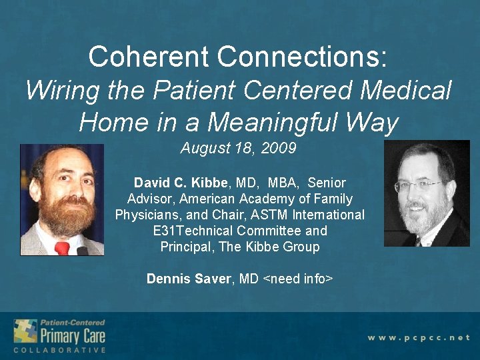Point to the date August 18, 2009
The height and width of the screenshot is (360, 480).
coord(238,149)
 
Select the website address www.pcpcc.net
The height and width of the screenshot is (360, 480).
coord(419,338)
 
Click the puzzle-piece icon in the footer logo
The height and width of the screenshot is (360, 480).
coord(25,331)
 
